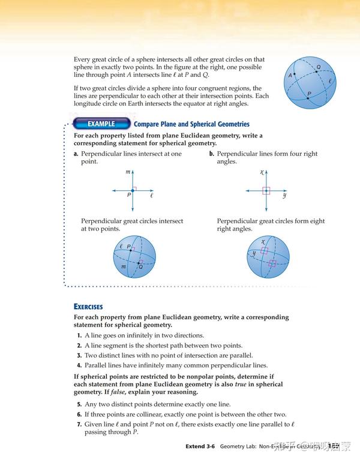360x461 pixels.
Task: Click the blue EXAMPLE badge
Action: [101, 124]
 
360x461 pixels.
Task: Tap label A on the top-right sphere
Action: [290, 76]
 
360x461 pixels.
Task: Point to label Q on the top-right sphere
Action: [318, 67]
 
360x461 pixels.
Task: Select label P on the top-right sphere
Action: [309, 94]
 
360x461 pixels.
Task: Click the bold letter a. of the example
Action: [76, 154]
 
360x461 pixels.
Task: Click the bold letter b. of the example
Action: [212, 154]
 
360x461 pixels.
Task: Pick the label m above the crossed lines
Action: [128, 172]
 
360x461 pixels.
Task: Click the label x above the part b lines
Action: [262, 172]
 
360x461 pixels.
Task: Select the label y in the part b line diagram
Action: [284, 196]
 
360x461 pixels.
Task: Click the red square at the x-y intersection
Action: [266, 191]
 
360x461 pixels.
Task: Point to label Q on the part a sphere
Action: [140, 267]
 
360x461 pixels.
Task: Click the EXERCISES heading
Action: [88, 307]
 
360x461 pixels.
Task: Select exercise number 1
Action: [79, 336]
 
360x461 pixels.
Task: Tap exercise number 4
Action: [79, 365]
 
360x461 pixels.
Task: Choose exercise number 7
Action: [79, 424]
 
